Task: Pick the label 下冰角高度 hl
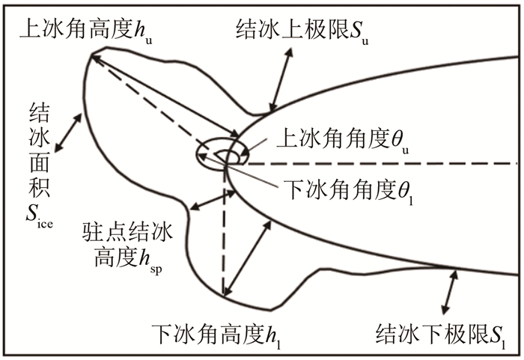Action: pyautogui.click(x=210, y=330)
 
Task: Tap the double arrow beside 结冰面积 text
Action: pyautogui.click(x=68, y=133)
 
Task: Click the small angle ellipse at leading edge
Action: pyautogui.click(x=219, y=156)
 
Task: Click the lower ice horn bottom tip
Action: pyautogui.click(x=222, y=296)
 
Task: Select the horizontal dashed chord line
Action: pyautogui.click(x=374, y=162)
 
